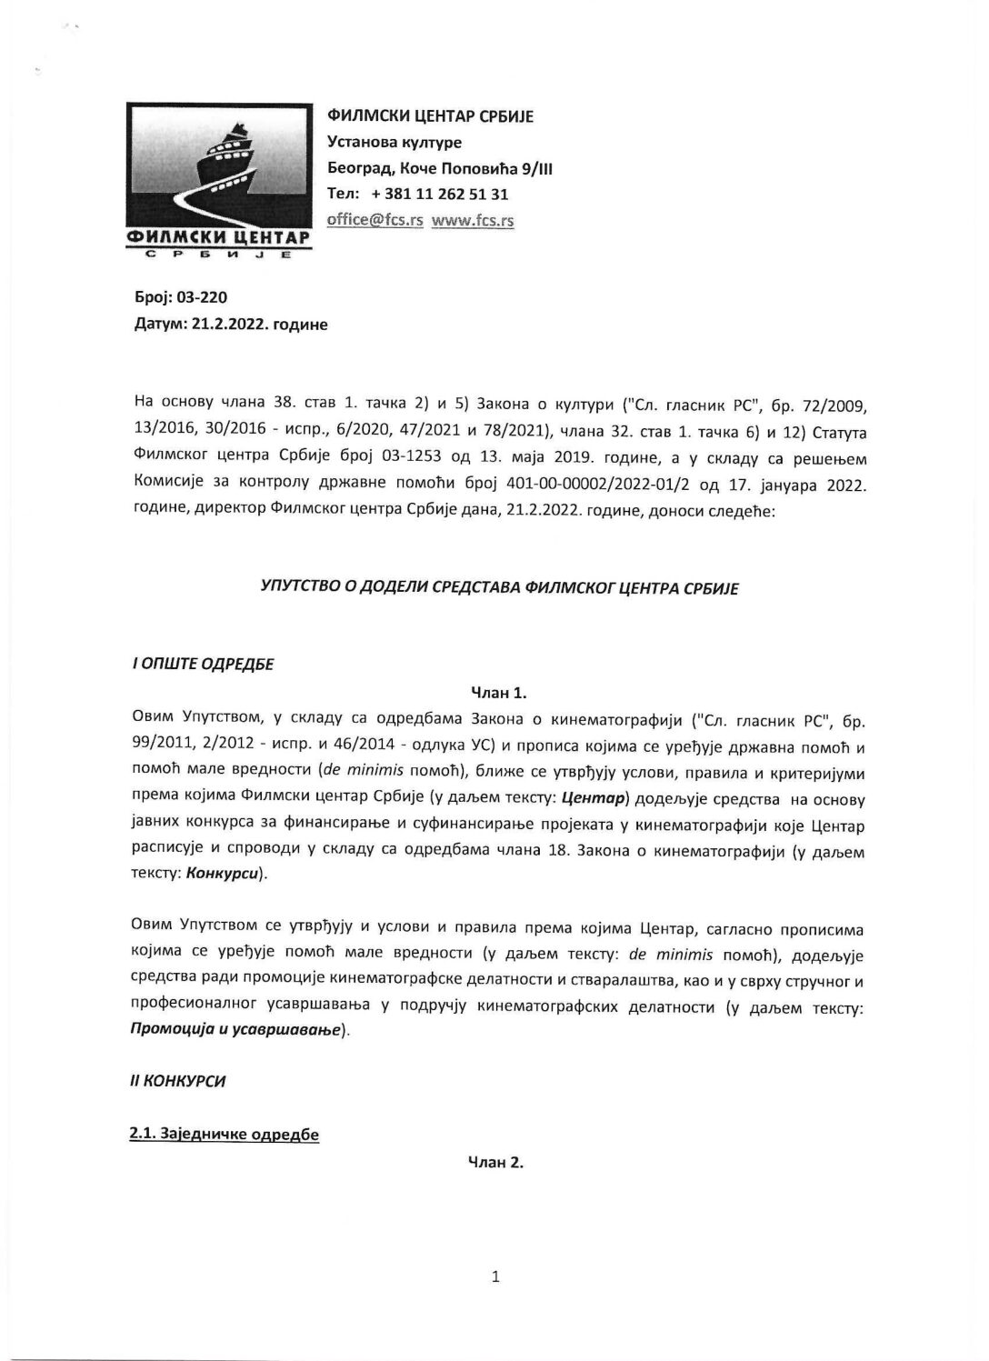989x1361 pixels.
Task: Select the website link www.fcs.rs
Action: point(472,221)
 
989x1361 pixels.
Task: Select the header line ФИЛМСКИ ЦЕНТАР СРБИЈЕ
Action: point(430,115)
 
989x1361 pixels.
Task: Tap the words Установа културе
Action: point(395,142)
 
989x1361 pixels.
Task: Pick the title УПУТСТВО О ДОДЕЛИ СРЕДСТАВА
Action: point(499,588)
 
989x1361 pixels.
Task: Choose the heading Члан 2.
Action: point(495,1163)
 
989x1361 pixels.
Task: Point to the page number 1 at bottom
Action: point(495,1277)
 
